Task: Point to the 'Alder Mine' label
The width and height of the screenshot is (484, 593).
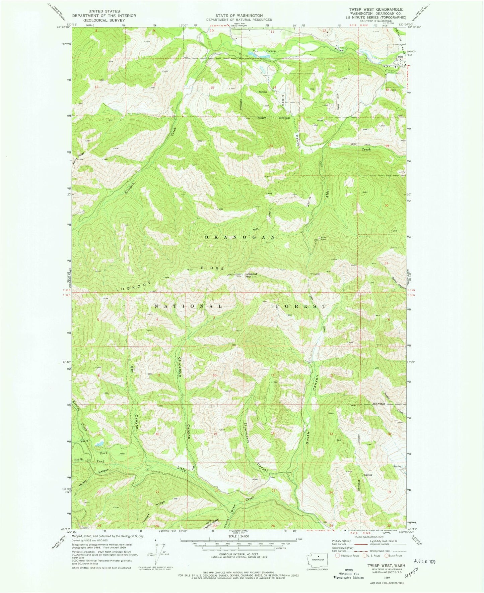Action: point(324,239)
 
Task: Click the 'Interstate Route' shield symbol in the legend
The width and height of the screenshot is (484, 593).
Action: point(337,555)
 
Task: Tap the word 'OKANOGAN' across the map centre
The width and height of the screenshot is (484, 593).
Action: point(239,237)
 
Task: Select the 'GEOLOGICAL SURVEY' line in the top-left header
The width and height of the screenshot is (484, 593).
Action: point(104,20)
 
